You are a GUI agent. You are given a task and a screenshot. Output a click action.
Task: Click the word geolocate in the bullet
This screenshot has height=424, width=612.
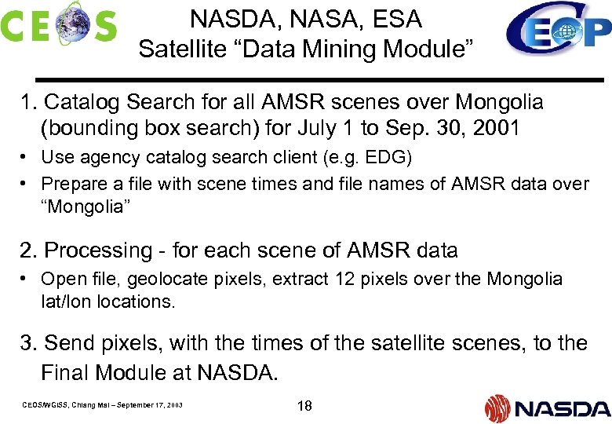tap(163, 279)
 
